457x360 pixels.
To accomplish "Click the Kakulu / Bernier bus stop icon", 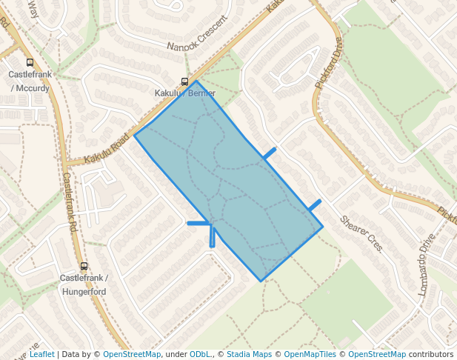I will [x=184, y=82].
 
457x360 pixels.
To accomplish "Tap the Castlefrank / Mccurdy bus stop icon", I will [x=30, y=63].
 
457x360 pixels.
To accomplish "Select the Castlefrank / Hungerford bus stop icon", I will [x=84, y=266].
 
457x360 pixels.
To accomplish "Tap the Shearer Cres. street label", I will [x=361, y=233].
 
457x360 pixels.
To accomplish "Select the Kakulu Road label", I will [x=107, y=150].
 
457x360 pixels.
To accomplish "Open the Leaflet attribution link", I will [x=41, y=354].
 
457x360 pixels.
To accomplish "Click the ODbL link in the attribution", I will [x=201, y=354].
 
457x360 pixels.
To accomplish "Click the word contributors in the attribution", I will [x=430, y=354].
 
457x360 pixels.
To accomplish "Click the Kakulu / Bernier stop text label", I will [x=185, y=93].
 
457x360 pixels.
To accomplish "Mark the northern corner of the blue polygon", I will [x=196, y=80].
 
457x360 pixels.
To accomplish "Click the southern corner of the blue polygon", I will [x=261, y=281].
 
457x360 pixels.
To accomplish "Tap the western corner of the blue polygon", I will [x=134, y=135].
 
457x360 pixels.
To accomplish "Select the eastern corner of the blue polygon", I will [x=323, y=227].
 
